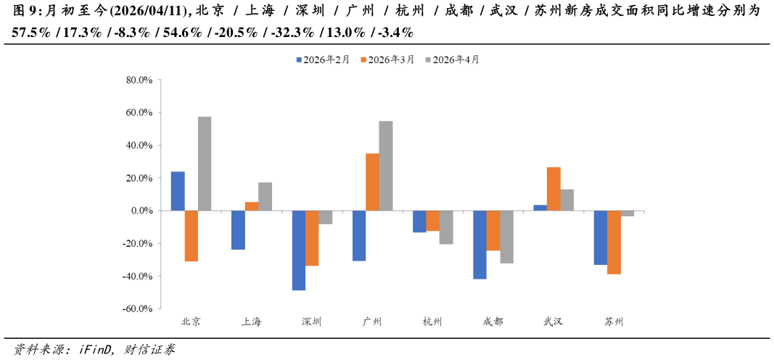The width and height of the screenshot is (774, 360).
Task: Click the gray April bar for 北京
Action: pyautogui.click(x=205, y=163)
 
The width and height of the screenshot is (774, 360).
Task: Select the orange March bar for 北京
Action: pyautogui.click(x=192, y=236)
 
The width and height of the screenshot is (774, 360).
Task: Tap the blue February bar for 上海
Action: pyautogui.click(x=238, y=230)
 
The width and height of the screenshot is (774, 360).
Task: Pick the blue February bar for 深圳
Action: pyautogui.click(x=299, y=250)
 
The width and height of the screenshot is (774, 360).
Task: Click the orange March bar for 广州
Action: pyautogui.click(x=372, y=182)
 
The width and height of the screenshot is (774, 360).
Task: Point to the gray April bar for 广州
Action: pyautogui.click(x=386, y=165)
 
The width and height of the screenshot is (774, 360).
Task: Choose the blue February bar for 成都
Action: pyautogui.click(x=479, y=245)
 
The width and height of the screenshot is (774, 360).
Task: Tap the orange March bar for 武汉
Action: pyautogui.click(x=553, y=189)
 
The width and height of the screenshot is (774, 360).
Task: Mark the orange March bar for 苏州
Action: pyautogui.click(x=614, y=242)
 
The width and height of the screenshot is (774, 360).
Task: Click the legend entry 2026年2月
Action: pyautogui.click(x=323, y=60)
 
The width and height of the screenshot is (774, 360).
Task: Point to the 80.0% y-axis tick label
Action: pyautogui.click(x=139, y=81)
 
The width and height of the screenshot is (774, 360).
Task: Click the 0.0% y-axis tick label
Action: pyautogui.click(x=141, y=211)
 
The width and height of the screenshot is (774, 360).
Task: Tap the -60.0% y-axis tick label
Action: pyautogui.click(x=137, y=309)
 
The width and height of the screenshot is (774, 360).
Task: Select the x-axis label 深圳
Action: pyautogui.click(x=312, y=322)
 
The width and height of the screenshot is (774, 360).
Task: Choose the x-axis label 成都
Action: pyautogui.click(x=493, y=322)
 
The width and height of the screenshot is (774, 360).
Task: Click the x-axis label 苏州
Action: pyautogui.click(x=614, y=322)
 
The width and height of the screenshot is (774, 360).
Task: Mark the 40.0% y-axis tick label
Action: pyautogui.click(x=139, y=146)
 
